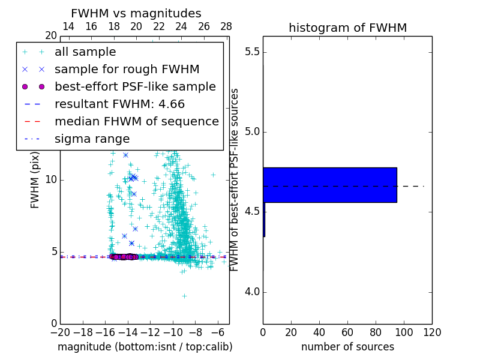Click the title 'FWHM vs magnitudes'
[x=136, y=14]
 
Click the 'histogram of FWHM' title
[x=347, y=28]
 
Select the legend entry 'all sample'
[x=85, y=52]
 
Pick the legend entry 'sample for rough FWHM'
[x=127, y=69]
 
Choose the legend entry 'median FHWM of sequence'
[x=136, y=121]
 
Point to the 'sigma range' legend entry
[x=92, y=139]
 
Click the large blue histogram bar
[x=329, y=185]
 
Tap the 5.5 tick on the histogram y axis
[x=251, y=52]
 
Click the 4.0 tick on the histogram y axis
[x=251, y=292]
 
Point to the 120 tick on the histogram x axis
[x=432, y=332]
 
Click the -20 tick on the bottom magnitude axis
[x=60, y=332]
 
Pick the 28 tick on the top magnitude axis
[x=226, y=26]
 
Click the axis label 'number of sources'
[x=347, y=347]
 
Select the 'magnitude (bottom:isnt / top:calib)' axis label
[x=145, y=347]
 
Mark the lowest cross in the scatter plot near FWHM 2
[x=184, y=296]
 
